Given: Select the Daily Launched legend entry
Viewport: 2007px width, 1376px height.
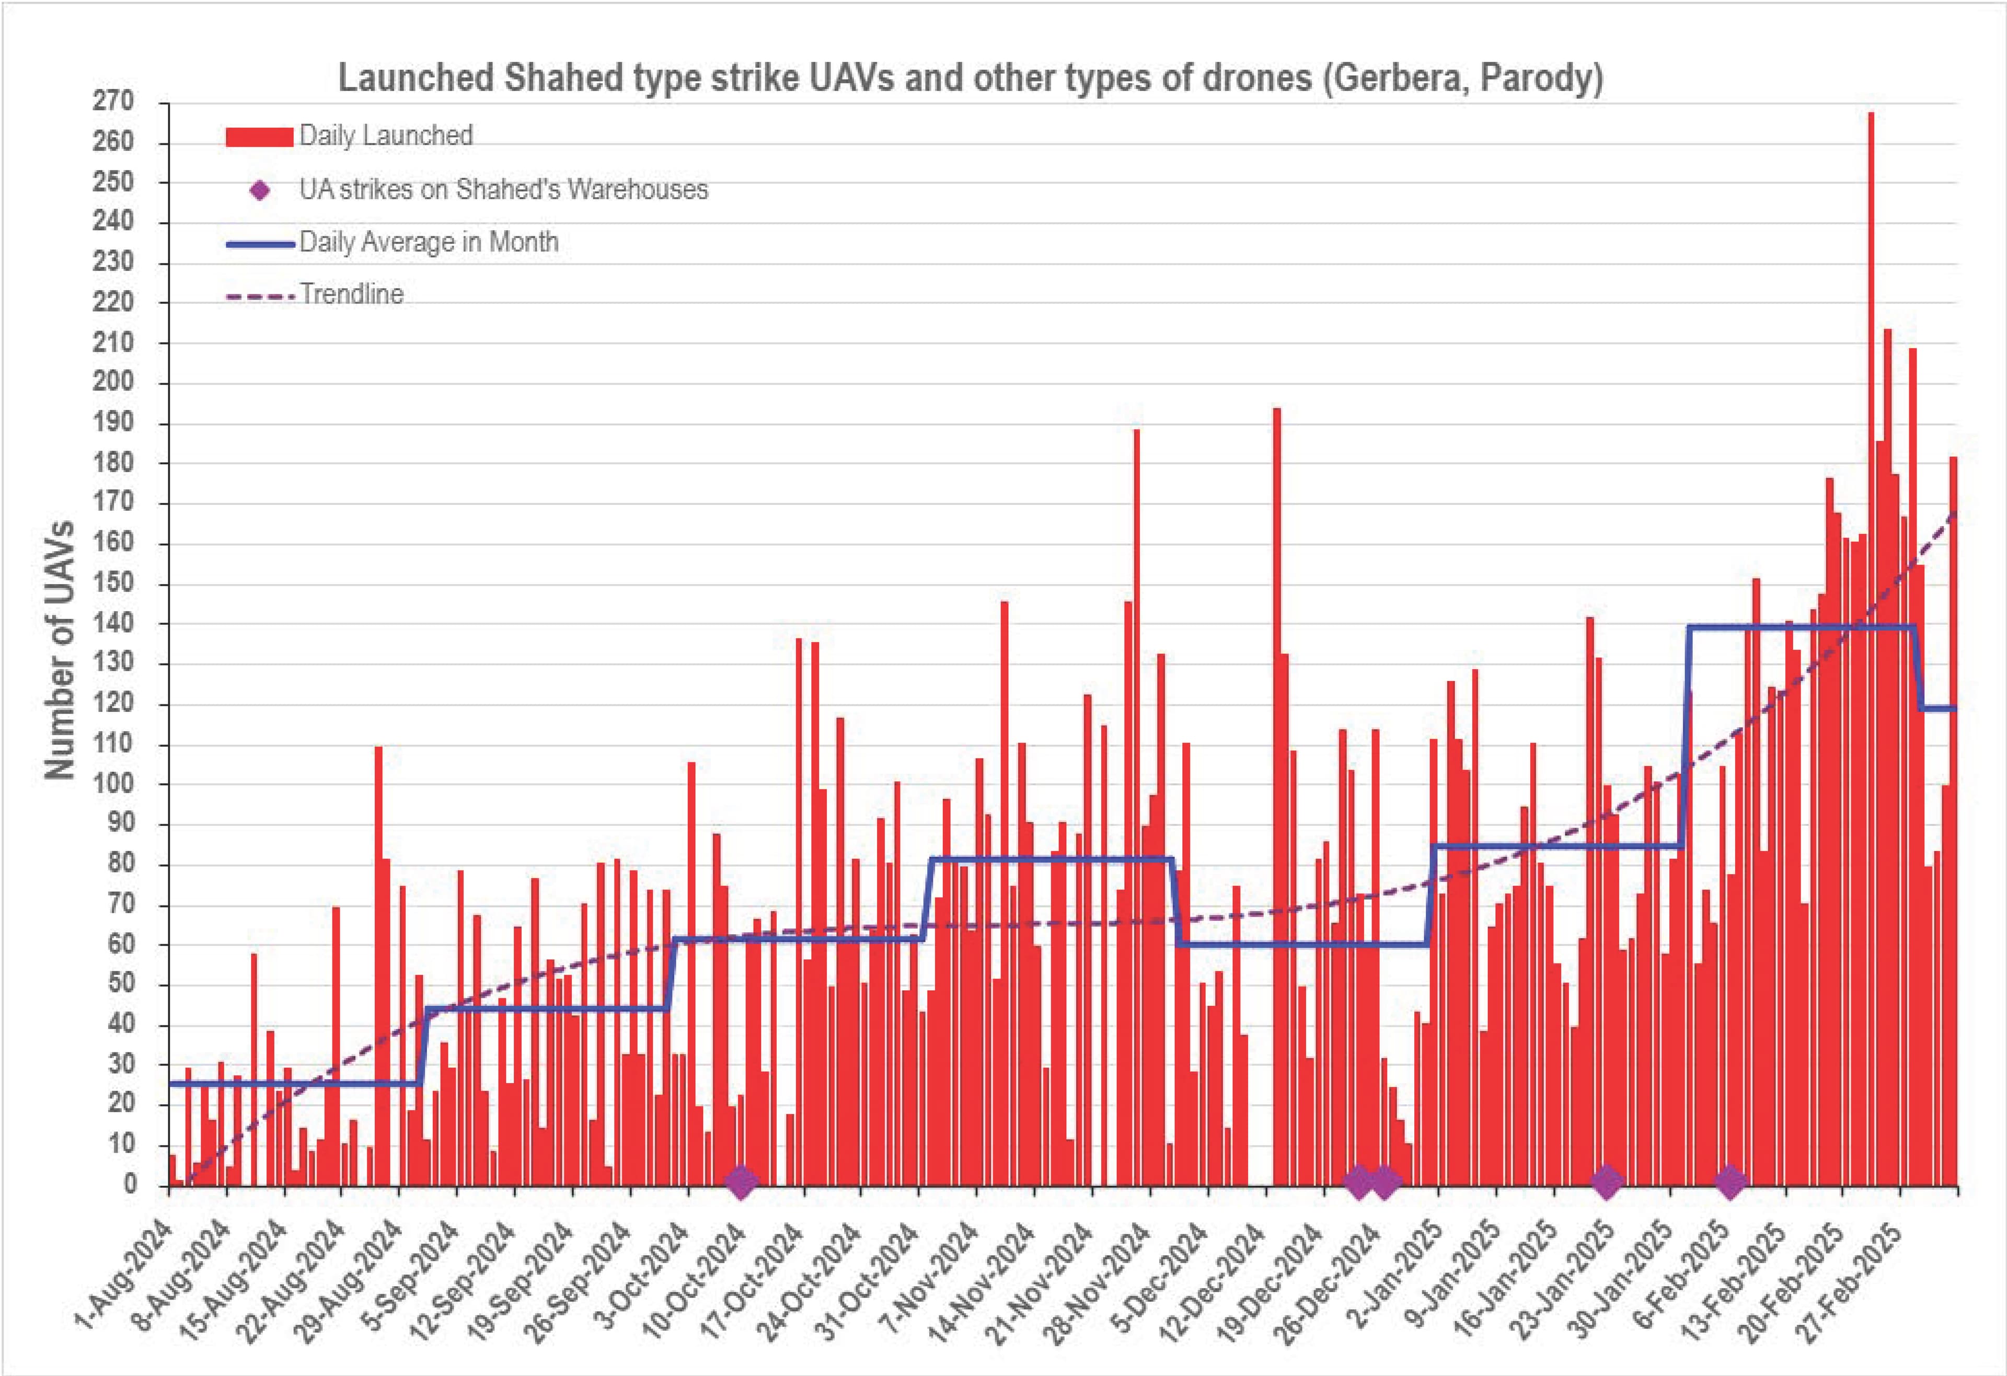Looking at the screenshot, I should click(x=385, y=135).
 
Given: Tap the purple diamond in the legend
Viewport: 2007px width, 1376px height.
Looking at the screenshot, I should click(x=260, y=190).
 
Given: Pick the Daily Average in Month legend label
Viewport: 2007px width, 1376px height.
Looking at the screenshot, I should click(x=429, y=242).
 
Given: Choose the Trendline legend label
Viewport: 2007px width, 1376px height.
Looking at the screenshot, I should click(x=351, y=294).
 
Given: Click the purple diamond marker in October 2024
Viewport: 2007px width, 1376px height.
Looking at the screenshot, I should click(x=741, y=1183).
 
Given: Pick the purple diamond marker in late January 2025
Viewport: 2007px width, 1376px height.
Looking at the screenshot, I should click(x=1606, y=1183).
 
